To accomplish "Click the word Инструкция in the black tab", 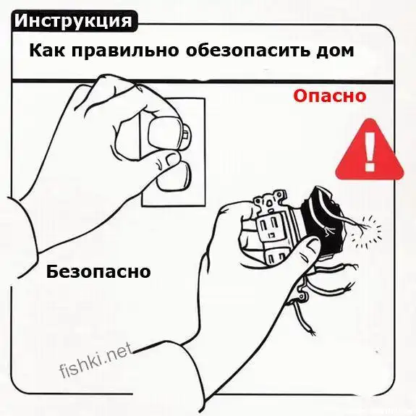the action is pos(73,21).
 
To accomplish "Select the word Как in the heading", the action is pos(47,50).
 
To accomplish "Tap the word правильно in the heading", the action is pos(125,51).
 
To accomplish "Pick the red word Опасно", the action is pos(329,95).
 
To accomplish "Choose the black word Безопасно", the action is pos(98,271).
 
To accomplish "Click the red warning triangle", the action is pos(370,150).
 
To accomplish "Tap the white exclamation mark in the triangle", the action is pos(370,152).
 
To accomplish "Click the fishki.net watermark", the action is pos(96,360).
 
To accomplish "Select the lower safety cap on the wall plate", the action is pos(174,177).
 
